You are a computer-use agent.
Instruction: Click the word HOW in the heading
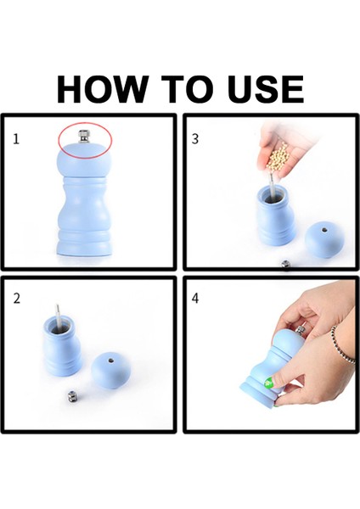point(101,89)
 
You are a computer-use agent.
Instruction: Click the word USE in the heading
point(266,89)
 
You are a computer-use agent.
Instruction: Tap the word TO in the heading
point(187,89)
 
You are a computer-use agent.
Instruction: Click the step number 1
point(16,139)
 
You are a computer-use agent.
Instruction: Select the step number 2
point(17,299)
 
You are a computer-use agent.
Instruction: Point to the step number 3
point(195,139)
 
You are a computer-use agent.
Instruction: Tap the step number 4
point(195,298)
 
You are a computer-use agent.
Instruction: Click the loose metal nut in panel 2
point(72,396)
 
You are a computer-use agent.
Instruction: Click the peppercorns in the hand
point(278,159)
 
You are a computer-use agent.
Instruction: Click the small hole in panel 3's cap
point(324,230)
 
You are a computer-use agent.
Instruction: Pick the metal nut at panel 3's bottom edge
point(285,265)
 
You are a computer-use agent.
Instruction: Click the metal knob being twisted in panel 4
point(301,330)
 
